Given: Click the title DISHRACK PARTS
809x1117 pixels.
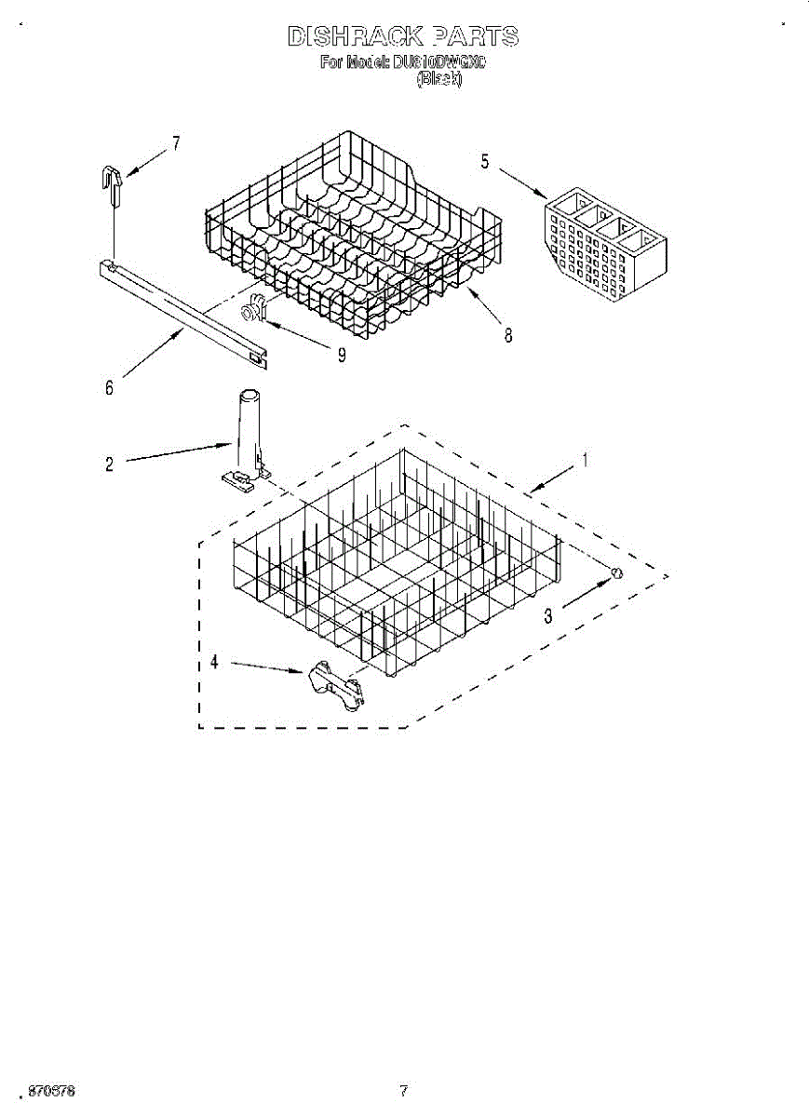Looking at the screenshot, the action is click(402, 37).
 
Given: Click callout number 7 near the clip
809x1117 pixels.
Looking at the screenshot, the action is click(175, 143).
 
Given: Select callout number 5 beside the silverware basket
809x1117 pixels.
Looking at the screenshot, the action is click(485, 161).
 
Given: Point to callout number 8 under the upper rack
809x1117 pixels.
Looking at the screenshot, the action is click(508, 336).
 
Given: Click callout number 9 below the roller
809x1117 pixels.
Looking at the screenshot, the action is click(342, 355).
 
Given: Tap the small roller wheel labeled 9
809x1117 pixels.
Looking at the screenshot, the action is click(254, 308).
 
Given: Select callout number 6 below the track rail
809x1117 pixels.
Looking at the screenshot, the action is click(109, 388).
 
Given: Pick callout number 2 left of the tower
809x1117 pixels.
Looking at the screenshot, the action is click(109, 464).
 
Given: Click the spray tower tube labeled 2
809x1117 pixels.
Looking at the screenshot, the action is click(246, 433).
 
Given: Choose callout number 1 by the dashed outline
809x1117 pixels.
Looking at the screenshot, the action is click(585, 459).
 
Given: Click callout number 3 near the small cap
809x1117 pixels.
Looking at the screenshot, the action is click(547, 615).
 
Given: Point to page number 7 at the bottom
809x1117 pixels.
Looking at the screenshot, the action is click(403, 1090).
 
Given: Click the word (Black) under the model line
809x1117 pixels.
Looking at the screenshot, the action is click(438, 80).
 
